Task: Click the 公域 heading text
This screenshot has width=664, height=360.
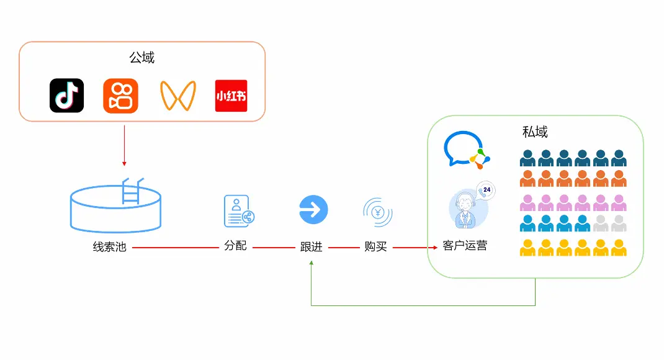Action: [141, 58]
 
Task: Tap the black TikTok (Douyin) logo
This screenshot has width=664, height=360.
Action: [66, 96]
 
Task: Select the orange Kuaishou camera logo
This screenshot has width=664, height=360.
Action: [120, 96]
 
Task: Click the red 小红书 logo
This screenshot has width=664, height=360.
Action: [231, 96]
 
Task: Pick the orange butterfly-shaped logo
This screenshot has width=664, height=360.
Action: [177, 96]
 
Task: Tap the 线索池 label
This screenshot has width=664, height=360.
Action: [109, 247]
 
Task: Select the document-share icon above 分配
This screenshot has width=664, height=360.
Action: [239, 210]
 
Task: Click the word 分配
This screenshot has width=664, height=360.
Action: [235, 246]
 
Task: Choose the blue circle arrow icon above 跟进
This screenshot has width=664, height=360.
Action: [313, 209]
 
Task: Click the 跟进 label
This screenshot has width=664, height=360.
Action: [312, 246]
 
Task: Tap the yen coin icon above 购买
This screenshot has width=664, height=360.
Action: [377, 212]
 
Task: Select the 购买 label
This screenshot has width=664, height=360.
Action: [375, 246]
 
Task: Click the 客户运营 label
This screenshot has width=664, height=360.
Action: [465, 246]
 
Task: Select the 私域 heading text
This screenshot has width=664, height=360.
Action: [535, 132]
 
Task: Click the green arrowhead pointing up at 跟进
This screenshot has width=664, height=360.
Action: [312, 263]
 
